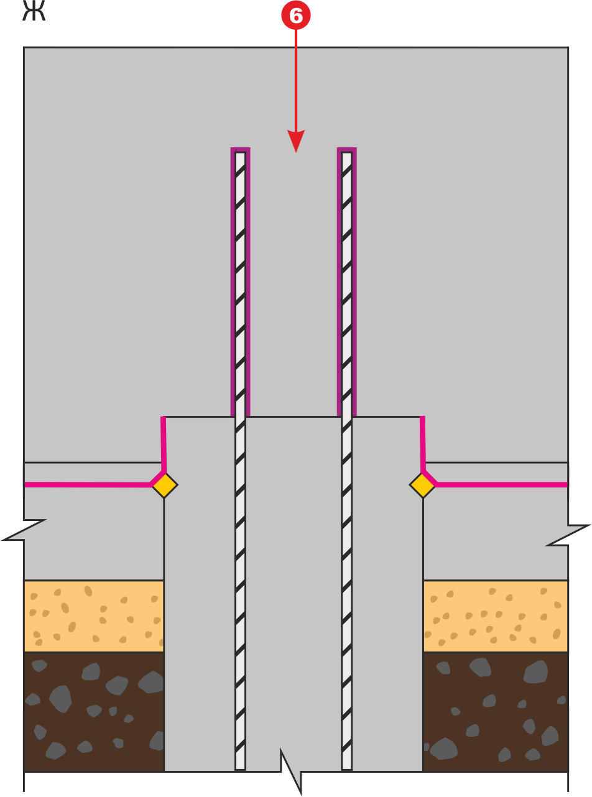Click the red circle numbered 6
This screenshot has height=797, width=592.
(x=295, y=15)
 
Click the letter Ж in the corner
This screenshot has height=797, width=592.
(x=34, y=11)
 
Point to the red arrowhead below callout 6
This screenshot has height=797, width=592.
(x=296, y=141)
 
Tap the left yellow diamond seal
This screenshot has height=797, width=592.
(x=165, y=485)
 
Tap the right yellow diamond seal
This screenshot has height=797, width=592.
(x=422, y=485)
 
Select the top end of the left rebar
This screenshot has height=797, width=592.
(x=240, y=153)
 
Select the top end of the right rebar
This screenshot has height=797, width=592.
(x=346, y=153)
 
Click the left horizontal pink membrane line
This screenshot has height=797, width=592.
(x=88, y=485)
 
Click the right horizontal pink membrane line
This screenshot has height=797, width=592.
(x=501, y=485)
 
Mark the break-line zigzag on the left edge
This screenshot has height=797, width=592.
(x=24, y=530)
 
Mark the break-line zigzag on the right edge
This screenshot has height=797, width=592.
(x=568, y=535)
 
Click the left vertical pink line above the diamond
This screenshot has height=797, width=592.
(x=164, y=444)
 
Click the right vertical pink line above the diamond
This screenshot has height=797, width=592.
(x=423, y=444)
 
